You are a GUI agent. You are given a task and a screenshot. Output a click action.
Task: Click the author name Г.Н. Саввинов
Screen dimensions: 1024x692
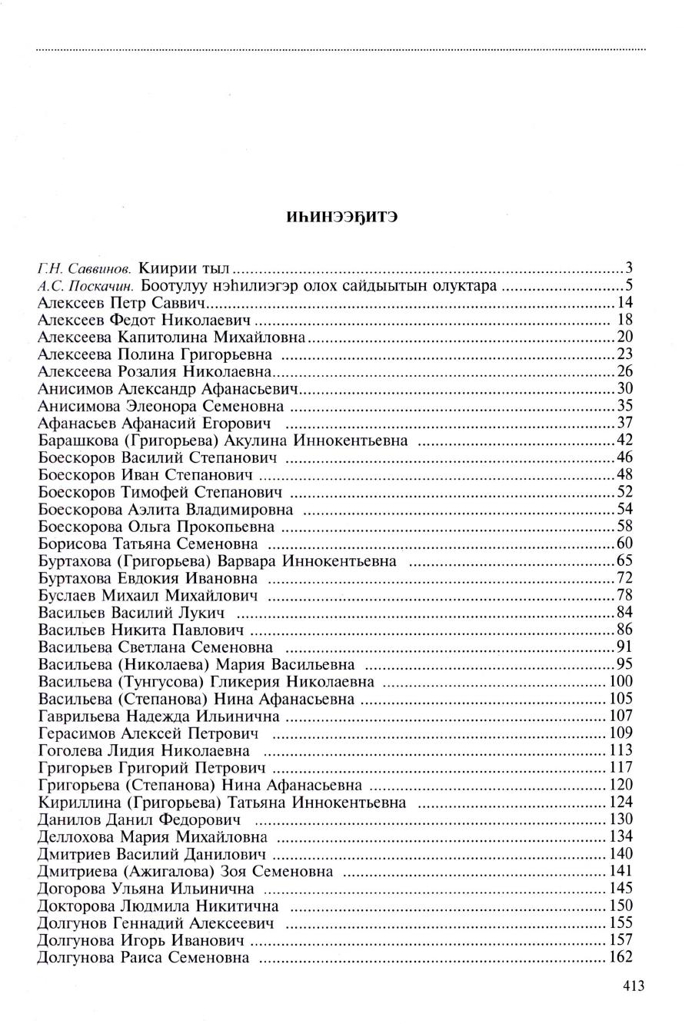tap(85, 269)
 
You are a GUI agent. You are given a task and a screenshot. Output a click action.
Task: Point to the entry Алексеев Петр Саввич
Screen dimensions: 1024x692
tap(124, 303)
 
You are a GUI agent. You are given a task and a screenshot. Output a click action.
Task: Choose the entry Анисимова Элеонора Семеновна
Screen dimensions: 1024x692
tap(161, 406)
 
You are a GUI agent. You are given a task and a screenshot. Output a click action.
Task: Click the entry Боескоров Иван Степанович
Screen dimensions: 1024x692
tap(145, 475)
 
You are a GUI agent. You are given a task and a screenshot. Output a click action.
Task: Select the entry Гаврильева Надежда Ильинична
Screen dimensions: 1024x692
tap(158, 716)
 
